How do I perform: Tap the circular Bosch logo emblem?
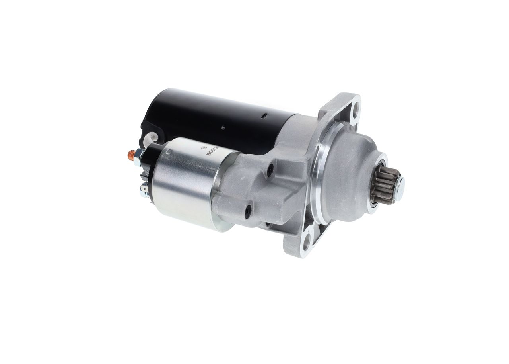tap(204, 147)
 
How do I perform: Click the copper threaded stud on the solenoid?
tap(132, 155)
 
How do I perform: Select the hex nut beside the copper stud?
tap(140, 157)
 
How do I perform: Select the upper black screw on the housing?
tap(270, 170)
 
